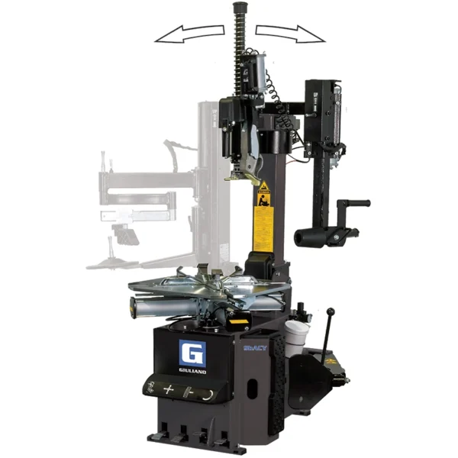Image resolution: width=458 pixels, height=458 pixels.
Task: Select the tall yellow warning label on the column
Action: [x=263, y=217]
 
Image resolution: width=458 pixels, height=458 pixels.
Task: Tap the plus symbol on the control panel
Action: [x=169, y=390]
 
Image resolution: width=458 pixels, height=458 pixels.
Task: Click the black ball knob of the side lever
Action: [x=331, y=311]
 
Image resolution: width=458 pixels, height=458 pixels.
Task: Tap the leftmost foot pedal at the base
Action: [x=162, y=438]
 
